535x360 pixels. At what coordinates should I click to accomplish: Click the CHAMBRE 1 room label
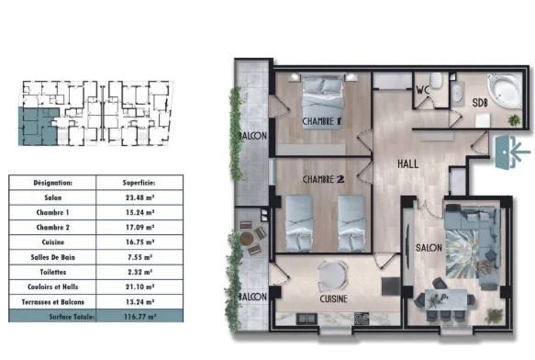pyautogui.click(x=322, y=120)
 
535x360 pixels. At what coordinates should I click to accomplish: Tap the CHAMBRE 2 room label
pyautogui.click(x=322, y=179)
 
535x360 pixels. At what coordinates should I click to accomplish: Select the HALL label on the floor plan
pyautogui.click(x=408, y=163)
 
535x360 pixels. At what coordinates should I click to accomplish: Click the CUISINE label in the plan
pyautogui.click(x=332, y=298)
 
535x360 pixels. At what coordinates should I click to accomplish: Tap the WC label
pyautogui.click(x=424, y=89)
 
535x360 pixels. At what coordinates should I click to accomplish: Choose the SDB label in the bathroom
pyautogui.click(x=480, y=102)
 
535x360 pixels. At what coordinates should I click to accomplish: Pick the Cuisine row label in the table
pyautogui.click(x=52, y=242)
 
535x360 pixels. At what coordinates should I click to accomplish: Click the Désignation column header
pyautogui.click(x=52, y=183)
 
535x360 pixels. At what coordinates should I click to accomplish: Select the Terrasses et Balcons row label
pyautogui.click(x=52, y=300)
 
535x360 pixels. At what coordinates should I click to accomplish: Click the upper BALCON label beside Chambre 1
pyautogui.click(x=253, y=135)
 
